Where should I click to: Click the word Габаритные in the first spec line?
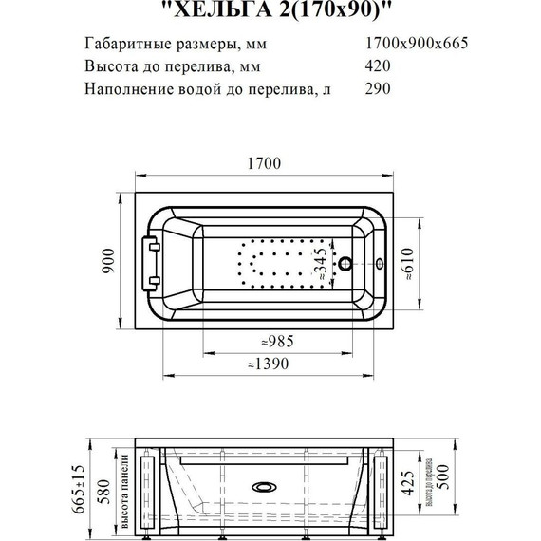tap(124, 43)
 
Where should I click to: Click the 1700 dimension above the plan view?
tap(265, 163)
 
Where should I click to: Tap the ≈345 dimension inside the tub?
tap(322, 257)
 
